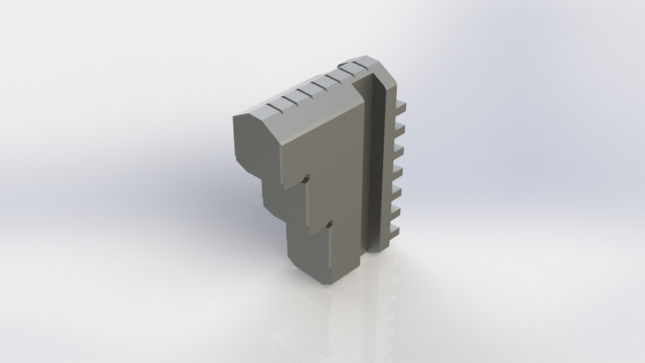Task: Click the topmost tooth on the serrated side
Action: point(401,106)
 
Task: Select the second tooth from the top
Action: point(401,126)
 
